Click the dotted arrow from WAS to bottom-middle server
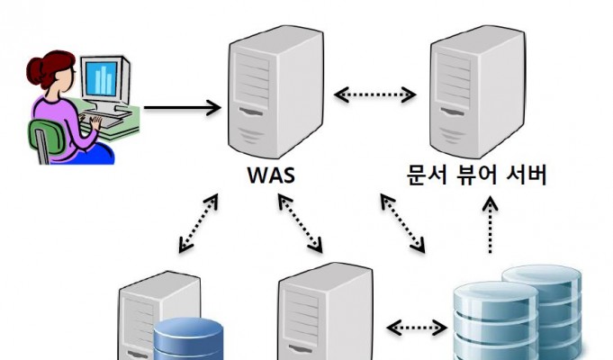click(x=301, y=221)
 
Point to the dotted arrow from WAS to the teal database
click(x=402, y=221)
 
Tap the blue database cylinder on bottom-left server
click(x=187, y=341)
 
